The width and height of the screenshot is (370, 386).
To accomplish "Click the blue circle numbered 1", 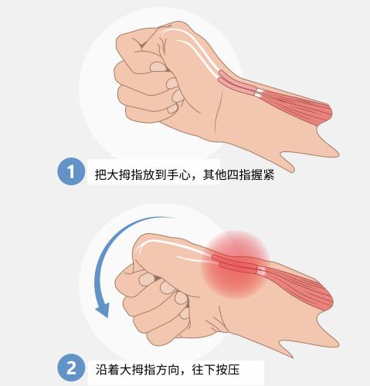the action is pos(71,171).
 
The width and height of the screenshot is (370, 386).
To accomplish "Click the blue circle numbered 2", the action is pos(71,368).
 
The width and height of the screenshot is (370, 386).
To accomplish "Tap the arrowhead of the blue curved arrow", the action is pos(103,310).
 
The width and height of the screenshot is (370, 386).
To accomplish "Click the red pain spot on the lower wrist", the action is pos(236,265).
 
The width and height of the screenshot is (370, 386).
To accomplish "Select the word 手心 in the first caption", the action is pos(179,174).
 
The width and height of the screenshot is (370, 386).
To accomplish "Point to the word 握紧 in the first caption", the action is pos(263,174).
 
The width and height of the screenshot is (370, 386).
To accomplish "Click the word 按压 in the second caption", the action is pos(228,370).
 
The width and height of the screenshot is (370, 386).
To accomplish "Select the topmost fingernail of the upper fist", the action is pos(158,67).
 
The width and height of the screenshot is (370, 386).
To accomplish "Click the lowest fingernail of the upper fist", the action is pos(173,109).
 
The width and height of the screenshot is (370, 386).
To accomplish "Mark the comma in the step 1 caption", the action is pos(196,178).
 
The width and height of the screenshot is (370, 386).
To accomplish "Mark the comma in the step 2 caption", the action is pos(185,373).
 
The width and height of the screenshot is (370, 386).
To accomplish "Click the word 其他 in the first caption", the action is pos(215,174).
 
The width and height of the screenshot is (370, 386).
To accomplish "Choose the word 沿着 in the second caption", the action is pos(107,370).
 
